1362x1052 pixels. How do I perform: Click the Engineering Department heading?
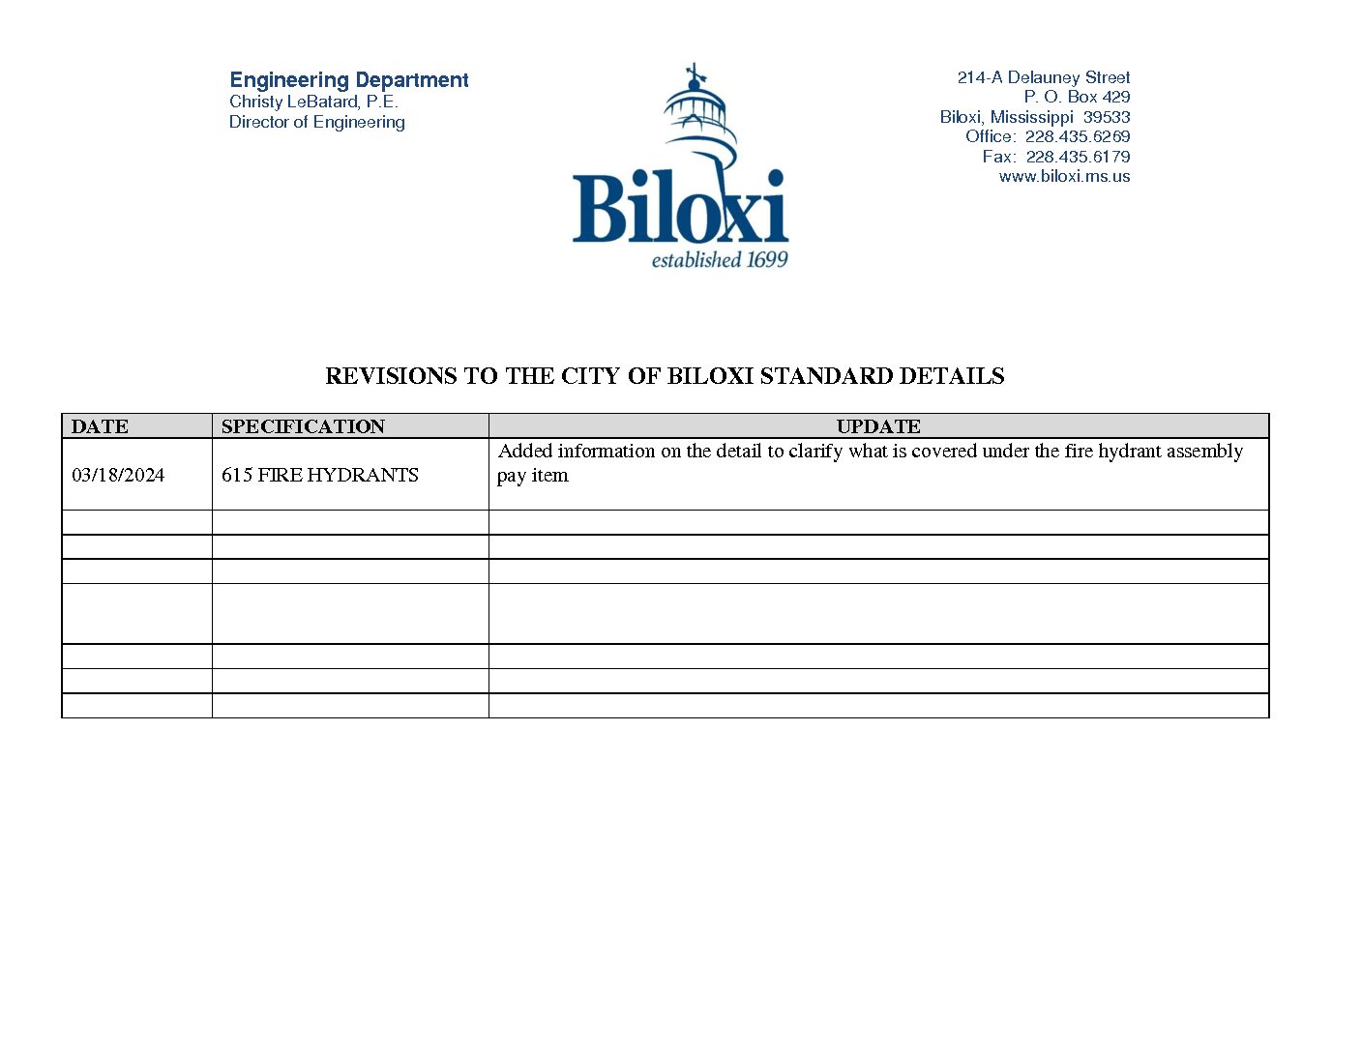[348, 80]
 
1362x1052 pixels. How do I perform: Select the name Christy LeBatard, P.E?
[313, 102]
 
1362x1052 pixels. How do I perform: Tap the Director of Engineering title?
[316, 122]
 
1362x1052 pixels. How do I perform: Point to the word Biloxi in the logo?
[680, 208]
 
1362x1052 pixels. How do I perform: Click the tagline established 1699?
[720, 260]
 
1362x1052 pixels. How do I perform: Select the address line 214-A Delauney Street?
[1043, 77]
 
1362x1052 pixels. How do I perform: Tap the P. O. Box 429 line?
[1077, 97]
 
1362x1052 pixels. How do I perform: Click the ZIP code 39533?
[1107, 117]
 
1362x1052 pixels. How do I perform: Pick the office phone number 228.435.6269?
[1078, 136]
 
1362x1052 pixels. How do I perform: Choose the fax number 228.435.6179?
[1078, 157]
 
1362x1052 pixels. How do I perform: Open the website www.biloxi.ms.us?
[1064, 176]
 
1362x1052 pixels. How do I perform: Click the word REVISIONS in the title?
[391, 376]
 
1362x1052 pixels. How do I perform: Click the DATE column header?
[100, 426]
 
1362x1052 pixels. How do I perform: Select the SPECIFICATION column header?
[303, 426]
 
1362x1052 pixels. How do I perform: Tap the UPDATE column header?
[878, 426]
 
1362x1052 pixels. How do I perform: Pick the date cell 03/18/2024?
[118, 475]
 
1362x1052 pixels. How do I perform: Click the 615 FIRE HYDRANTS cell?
[319, 475]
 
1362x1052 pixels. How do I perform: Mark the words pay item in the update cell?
[532, 476]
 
